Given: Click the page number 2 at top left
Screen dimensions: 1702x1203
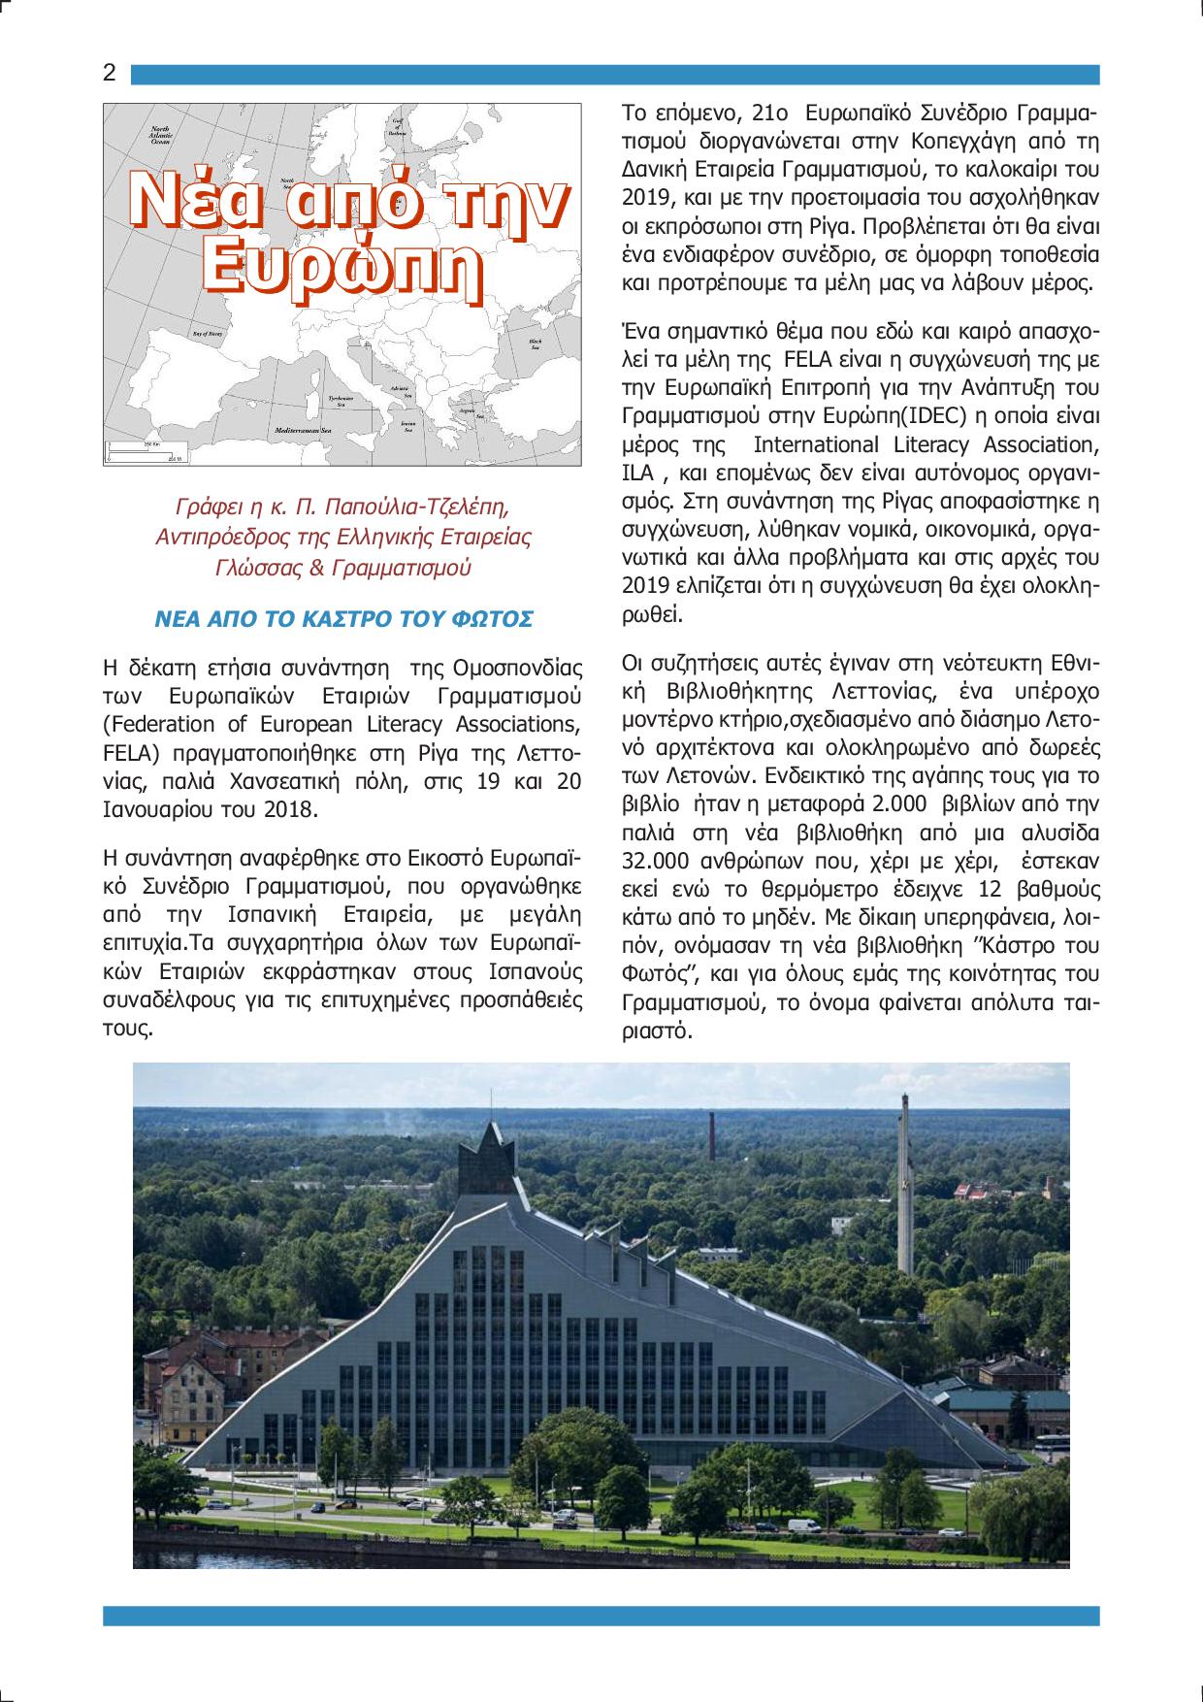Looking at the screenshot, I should pyautogui.click(x=110, y=74).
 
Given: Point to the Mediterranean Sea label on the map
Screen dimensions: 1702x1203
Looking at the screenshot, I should pyautogui.click(x=303, y=429).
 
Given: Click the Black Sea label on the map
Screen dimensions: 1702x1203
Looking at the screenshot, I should pyautogui.click(x=535, y=344).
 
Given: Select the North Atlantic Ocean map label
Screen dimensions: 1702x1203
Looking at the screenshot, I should pyautogui.click(x=160, y=135).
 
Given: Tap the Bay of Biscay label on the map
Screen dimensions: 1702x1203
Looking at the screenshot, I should pyautogui.click(x=208, y=333).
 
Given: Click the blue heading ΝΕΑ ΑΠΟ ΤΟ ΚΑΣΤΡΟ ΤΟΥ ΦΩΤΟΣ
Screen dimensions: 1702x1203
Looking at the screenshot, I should pyautogui.click(x=343, y=619).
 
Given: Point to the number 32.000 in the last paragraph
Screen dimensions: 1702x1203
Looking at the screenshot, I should pyautogui.click(x=656, y=861).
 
